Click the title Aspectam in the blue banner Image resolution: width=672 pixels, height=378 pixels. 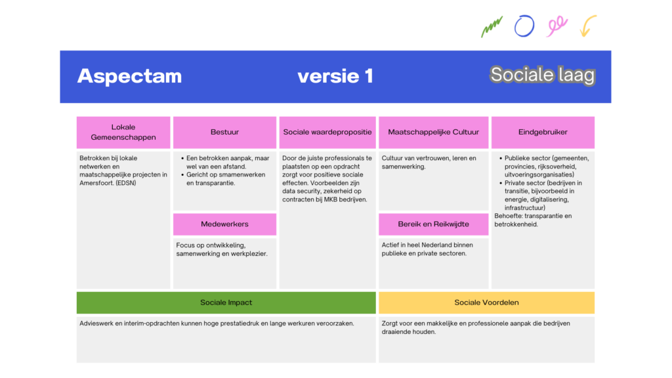tap(129, 76)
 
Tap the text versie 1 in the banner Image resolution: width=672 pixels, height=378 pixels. tap(335, 76)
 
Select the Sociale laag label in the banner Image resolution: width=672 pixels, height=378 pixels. tap(542, 75)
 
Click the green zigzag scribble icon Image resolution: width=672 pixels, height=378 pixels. tap(492, 27)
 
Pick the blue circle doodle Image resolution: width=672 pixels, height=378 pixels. tap(524, 26)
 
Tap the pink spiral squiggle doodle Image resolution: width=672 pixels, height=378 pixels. tap(556, 26)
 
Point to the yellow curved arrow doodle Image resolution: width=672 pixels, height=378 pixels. tap(588, 26)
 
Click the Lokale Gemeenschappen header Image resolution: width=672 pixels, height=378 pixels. tap(123, 133)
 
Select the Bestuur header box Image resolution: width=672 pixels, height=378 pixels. tap(224, 133)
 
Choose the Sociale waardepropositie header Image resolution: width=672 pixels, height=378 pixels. tap(327, 133)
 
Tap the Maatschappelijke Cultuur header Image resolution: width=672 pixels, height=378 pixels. tap(433, 133)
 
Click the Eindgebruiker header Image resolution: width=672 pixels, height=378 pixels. tap(543, 133)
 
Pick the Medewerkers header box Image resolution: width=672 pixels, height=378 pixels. tap(224, 224)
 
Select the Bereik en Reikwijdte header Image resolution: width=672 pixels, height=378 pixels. tap(433, 224)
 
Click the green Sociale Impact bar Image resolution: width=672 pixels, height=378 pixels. tap(226, 303)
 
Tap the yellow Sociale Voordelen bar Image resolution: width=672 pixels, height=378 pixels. tap(486, 303)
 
